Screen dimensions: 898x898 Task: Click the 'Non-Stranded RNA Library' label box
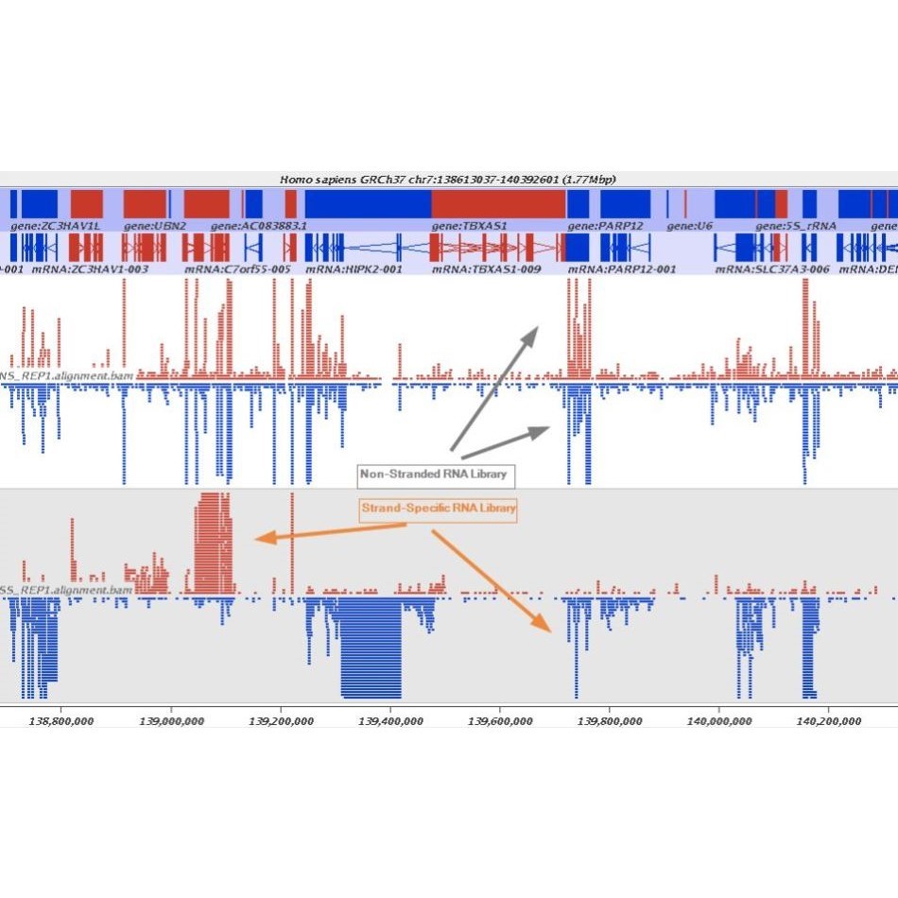(x=437, y=474)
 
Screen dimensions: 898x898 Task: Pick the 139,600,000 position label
(x=499, y=721)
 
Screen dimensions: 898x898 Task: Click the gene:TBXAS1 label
(x=470, y=227)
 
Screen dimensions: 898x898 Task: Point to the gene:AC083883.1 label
(x=259, y=227)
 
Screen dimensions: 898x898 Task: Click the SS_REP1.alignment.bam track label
(x=66, y=591)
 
